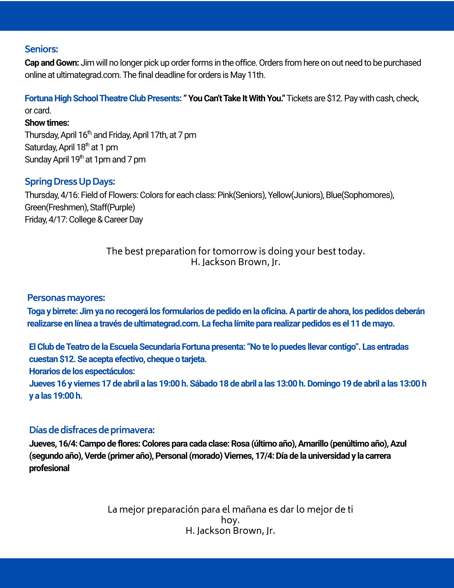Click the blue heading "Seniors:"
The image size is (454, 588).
[41, 49]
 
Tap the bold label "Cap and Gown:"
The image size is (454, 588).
[52, 63]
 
